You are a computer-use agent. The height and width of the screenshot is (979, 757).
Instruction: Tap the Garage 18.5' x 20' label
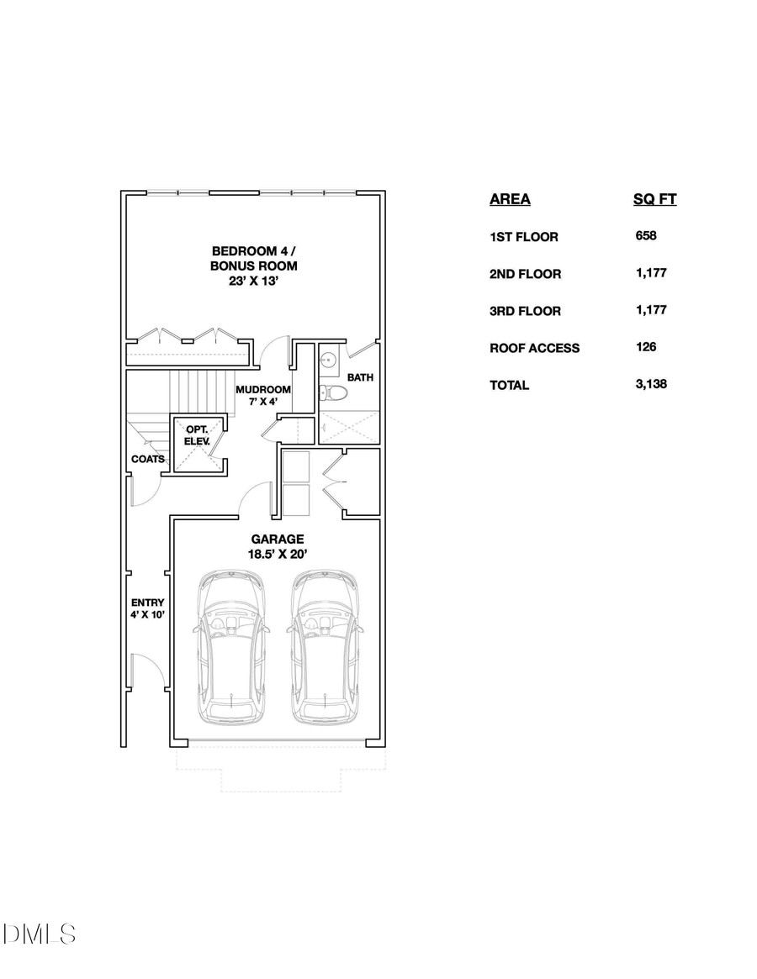pos(277,546)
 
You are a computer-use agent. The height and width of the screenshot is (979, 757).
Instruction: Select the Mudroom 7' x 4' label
pos(262,396)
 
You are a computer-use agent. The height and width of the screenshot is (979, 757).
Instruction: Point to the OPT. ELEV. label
pos(198,434)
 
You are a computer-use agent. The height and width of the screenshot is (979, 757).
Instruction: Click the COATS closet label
pos(147,459)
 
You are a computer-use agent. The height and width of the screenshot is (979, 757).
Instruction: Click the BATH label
pos(360,377)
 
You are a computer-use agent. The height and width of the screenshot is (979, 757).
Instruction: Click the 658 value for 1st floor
pos(646,236)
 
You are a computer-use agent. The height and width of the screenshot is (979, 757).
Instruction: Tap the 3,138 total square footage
pos(651,384)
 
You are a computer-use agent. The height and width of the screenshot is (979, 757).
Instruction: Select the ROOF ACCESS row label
pos(534,348)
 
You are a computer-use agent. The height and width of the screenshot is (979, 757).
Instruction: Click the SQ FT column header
pos(654,199)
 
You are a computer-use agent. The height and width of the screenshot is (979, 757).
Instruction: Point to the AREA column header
pos(510,199)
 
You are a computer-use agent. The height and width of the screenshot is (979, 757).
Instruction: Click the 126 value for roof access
pos(646,347)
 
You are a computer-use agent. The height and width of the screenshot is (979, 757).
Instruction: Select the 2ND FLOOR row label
pos(525,274)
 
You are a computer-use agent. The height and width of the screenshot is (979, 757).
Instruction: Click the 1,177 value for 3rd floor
pos(651,310)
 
